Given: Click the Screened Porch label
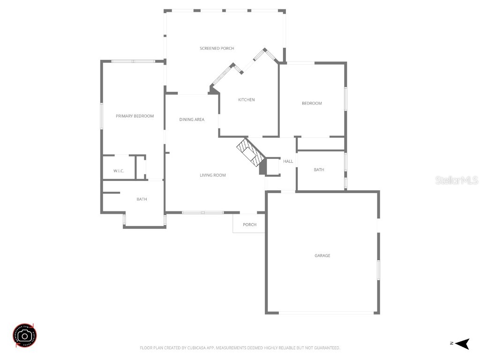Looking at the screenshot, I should (x=217, y=48).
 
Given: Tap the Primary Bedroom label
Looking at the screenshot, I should (x=135, y=116).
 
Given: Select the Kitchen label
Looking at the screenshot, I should (x=246, y=100).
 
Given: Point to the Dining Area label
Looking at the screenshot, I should (x=192, y=120).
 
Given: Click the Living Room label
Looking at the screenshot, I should (x=213, y=175).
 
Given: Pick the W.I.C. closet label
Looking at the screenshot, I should (x=119, y=171).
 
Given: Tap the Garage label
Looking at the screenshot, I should (x=322, y=255).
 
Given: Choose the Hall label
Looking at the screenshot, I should (x=288, y=161).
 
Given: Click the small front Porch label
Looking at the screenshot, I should (x=249, y=225).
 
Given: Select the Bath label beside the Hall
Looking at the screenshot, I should (x=319, y=170).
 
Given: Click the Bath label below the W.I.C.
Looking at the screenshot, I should (x=142, y=199).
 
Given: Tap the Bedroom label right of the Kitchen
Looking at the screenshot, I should (x=312, y=103).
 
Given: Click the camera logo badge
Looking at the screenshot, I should (x=24, y=335).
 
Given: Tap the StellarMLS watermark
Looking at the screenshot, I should (x=456, y=180).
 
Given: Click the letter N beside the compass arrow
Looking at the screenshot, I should (x=451, y=344).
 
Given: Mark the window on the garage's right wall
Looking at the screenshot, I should (x=378, y=270).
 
